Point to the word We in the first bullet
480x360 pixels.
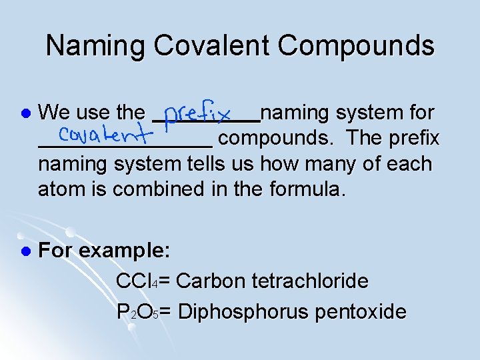pyautogui.click(x=53, y=113)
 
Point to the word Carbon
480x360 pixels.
pyautogui.click(x=212, y=281)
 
